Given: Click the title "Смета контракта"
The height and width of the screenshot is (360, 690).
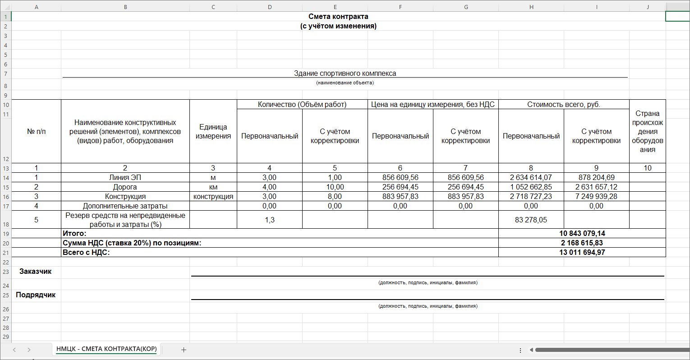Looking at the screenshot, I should click(x=338, y=17).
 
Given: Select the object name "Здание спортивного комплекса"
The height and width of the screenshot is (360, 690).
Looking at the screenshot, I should click(x=345, y=73).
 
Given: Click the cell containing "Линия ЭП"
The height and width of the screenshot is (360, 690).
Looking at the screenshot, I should click(x=125, y=178).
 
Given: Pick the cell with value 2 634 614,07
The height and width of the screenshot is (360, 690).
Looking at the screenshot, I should click(x=531, y=178).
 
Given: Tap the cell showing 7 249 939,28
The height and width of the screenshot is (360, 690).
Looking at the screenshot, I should click(x=596, y=197).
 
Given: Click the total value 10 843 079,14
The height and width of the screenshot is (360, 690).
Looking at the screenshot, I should click(x=582, y=234).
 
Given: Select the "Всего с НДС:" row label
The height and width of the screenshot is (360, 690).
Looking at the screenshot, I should click(x=86, y=253).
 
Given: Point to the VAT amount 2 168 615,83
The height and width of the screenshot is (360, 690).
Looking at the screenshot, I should click(x=582, y=243).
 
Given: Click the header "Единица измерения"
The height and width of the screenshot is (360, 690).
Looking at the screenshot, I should click(x=213, y=132).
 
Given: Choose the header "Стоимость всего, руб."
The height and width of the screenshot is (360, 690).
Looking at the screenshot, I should click(x=563, y=105).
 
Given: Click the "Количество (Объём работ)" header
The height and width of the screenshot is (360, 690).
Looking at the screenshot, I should click(x=302, y=105).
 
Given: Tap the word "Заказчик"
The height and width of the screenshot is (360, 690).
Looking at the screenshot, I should click(x=36, y=272).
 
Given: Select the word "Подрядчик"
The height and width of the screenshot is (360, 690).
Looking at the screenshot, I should click(x=36, y=295).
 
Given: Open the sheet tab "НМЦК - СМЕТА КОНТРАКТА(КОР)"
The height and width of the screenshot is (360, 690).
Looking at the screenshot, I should click(x=106, y=349).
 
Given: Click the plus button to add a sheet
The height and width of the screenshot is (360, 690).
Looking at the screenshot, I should click(x=184, y=350).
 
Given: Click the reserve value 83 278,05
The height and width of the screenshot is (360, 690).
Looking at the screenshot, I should click(x=531, y=220).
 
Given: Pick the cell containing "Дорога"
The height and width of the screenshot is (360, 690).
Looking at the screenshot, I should click(x=125, y=187).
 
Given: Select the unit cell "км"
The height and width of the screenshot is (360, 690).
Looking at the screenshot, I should click(x=213, y=187).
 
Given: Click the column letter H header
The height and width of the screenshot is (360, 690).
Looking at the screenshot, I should click(x=531, y=7).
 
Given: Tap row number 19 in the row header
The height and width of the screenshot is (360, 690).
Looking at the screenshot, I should click(x=6, y=234).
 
